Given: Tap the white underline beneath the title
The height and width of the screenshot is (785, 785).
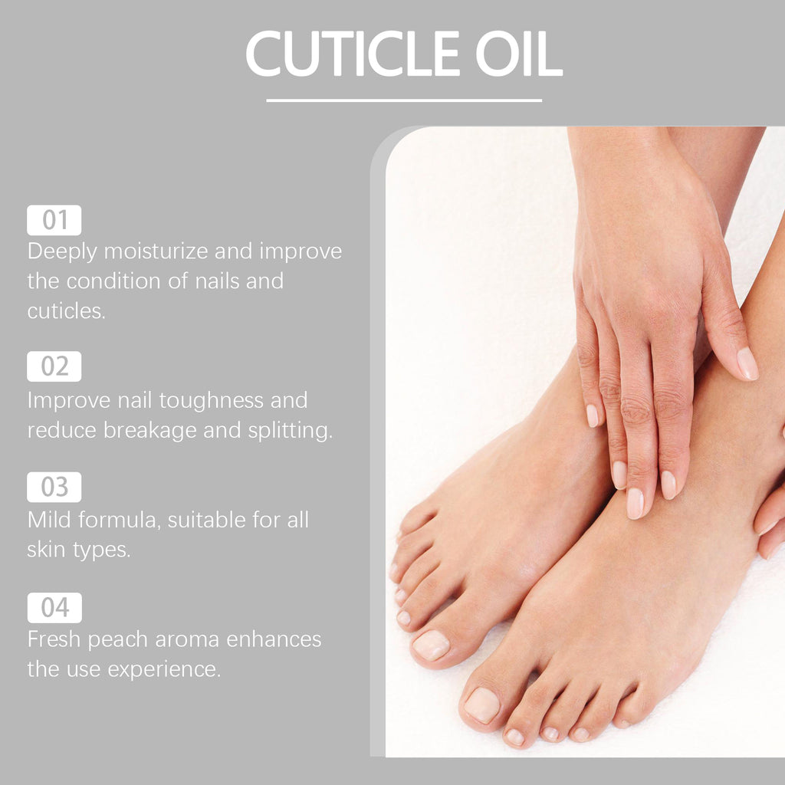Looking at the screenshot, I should tap(404, 100).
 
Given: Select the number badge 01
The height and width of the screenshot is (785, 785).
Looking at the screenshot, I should tap(54, 221).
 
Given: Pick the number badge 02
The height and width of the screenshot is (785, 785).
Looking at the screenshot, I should tap(54, 366).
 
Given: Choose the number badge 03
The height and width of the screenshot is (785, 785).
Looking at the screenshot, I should tap(54, 487).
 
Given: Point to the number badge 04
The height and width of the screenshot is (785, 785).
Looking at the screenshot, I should tap(54, 608).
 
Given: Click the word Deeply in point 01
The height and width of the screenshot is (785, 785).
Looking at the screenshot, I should tap(64, 251).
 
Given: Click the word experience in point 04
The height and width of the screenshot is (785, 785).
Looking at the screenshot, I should tap(164, 668).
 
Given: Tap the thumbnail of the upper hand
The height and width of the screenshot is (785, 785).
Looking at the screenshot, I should tap(747, 363).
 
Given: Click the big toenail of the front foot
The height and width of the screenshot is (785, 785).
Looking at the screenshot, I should tap(482, 705).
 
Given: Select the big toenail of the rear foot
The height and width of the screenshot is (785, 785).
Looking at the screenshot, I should tap(431, 645).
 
